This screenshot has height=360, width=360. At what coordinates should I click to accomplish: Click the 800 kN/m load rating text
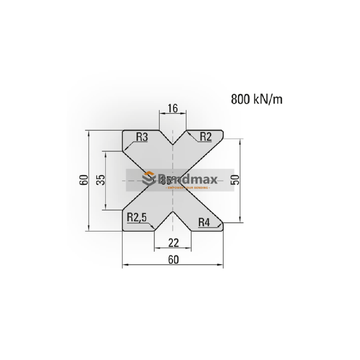(256, 99)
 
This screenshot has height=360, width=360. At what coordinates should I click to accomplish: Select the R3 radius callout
(142, 137)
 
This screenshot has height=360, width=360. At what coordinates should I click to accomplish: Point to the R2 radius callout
(205, 137)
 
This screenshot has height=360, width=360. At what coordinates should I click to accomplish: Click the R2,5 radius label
(137, 218)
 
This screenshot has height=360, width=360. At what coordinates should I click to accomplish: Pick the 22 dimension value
(173, 243)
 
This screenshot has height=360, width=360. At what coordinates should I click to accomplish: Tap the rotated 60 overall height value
(83, 180)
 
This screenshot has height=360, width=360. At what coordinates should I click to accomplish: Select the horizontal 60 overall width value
(173, 260)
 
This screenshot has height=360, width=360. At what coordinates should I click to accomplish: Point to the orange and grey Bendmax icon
(148, 179)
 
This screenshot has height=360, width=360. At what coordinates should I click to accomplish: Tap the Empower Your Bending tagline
(188, 187)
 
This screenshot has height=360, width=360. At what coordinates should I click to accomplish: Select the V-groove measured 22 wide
(173, 223)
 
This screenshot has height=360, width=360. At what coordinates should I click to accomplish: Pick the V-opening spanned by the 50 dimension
(211, 180)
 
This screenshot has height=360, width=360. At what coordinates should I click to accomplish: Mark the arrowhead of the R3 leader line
(126, 149)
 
